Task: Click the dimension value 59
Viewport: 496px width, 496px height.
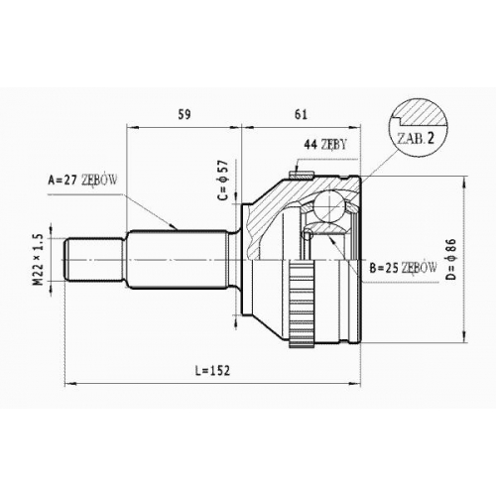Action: pos(185,114)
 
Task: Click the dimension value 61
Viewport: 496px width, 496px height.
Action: pos(301,114)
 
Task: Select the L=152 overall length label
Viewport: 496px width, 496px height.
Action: pos(212,371)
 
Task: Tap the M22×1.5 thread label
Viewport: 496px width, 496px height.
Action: pos(39,259)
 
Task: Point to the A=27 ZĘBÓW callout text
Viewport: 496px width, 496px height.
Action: pos(82,180)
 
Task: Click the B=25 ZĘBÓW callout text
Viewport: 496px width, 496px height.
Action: pos(404,268)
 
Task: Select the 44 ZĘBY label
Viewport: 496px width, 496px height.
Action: pos(325,144)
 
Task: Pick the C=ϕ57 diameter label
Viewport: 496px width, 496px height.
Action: pos(223,181)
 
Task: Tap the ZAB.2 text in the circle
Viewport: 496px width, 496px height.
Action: pos(415,139)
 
